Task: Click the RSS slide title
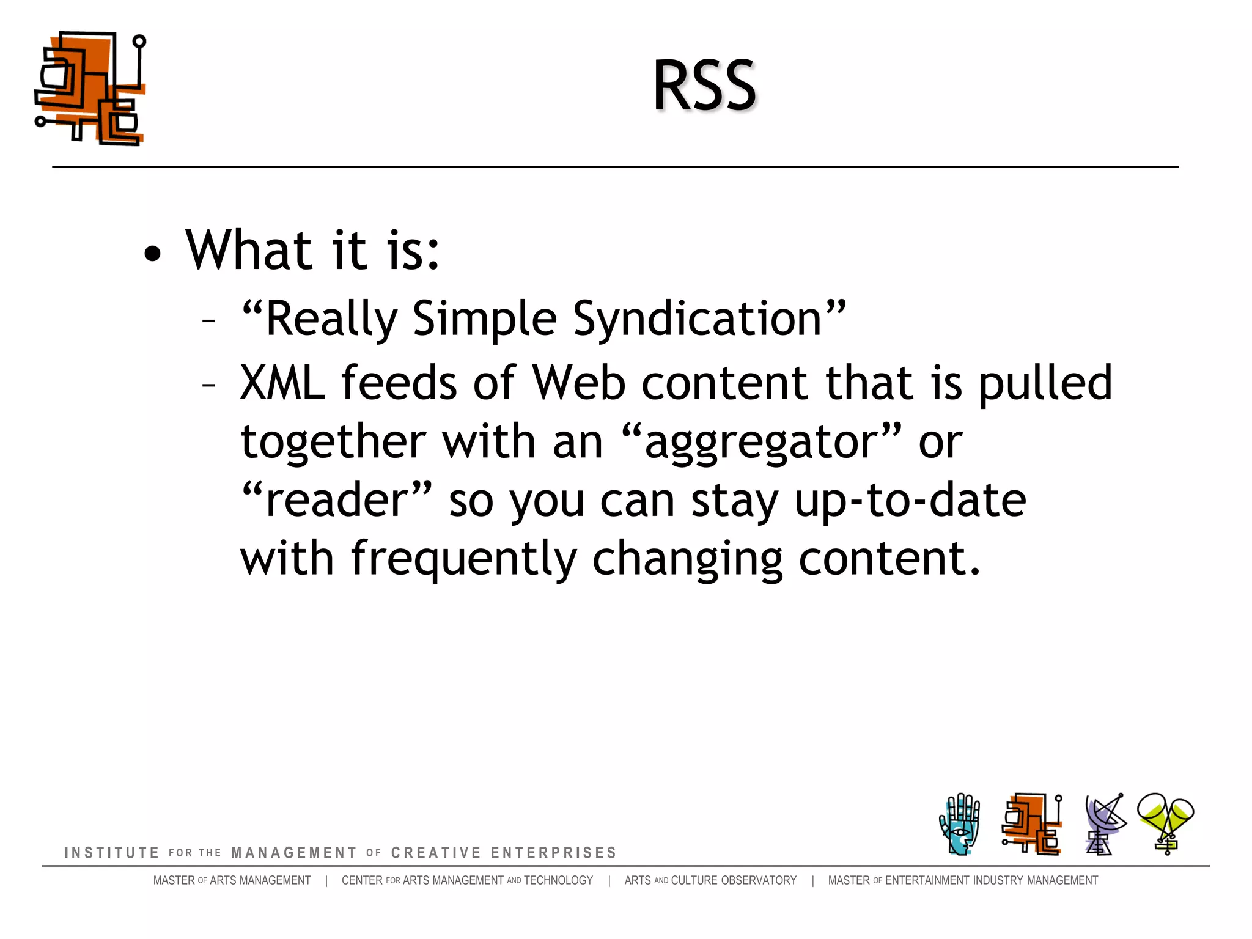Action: (704, 86)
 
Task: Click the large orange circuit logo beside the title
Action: (90, 89)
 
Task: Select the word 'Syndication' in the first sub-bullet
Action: (697, 319)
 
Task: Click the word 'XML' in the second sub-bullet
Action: (282, 383)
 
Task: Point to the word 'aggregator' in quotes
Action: (762, 442)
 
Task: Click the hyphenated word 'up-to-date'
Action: (910, 500)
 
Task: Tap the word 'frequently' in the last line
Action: (463, 559)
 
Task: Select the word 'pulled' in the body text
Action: (1045, 383)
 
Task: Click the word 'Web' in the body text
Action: (579, 383)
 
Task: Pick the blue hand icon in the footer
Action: (959, 824)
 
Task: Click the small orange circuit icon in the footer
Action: (1032, 824)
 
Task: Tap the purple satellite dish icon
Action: (1104, 824)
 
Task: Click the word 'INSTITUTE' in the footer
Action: (112, 853)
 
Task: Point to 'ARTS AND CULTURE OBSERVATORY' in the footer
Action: (710, 880)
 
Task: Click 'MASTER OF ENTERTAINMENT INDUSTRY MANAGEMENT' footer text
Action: (963, 880)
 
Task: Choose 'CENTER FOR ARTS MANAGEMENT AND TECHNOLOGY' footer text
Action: (467, 880)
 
